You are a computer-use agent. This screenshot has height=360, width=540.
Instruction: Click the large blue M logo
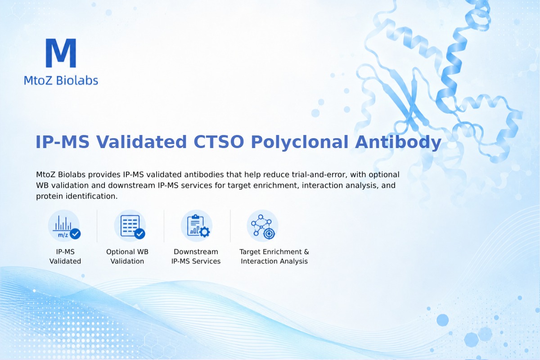pos(61,53)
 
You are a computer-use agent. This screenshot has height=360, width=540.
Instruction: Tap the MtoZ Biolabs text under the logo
pos(61,80)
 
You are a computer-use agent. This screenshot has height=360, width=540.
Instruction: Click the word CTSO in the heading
pos(219,142)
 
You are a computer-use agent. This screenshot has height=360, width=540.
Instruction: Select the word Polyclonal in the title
pos(300,142)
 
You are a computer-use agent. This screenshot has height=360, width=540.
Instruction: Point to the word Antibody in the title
pos(398,142)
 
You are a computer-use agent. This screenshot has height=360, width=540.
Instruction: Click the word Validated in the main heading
pos(141,142)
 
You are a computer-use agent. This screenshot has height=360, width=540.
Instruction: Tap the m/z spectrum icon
pos(64,226)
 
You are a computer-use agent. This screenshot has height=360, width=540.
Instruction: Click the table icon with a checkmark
pos(130,226)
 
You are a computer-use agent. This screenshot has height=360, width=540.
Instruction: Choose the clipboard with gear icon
pos(197,226)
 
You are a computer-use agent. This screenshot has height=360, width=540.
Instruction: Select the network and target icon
pos(262,226)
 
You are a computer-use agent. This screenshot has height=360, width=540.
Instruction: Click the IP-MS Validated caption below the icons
pos(65,256)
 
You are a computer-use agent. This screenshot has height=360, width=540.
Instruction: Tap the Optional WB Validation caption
pos(127,256)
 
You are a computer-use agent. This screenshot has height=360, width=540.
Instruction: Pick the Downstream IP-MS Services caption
pos(196,256)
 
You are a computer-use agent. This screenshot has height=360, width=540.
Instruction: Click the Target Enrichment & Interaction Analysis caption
pos(274,256)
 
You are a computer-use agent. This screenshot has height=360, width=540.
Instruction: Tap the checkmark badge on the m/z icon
pos(75,234)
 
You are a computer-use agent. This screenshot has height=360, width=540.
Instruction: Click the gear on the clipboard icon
pos(205,232)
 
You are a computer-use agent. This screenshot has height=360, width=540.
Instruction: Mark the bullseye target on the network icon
pos(269,234)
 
